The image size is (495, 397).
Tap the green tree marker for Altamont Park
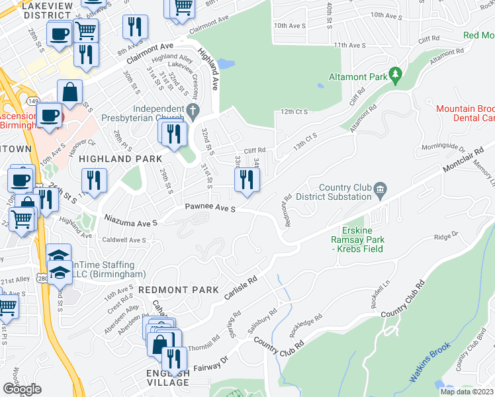[x=396, y=76]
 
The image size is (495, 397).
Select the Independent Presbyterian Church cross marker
[x=193, y=111]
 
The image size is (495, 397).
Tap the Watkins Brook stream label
[x=429, y=362]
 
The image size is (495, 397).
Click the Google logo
[x=21, y=389]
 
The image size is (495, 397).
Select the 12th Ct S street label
[x=294, y=112]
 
